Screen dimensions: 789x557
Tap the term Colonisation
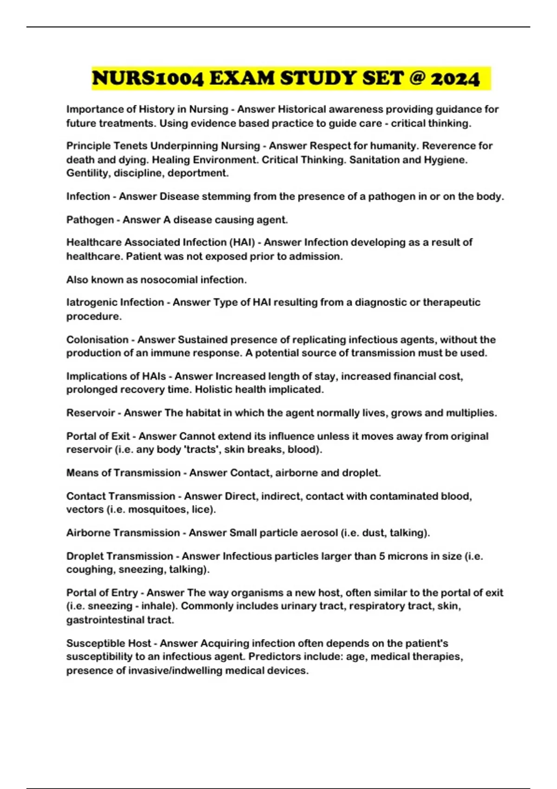pyautogui.click(x=97, y=340)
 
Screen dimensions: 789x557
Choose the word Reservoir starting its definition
pyautogui.click(x=91, y=413)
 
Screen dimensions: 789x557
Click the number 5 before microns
pyautogui.click(x=382, y=556)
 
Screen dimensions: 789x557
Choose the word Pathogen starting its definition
pyautogui.click(x=90, y=220)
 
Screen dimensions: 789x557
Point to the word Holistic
pyautogui.click(x=214, y=390)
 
